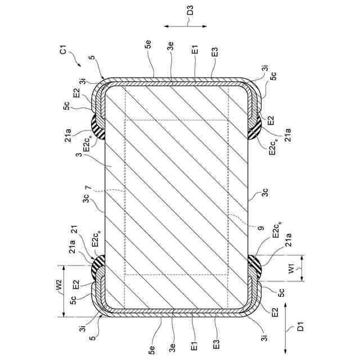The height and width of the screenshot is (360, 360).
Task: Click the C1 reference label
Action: coord(63,49)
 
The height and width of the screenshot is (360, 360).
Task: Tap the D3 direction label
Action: coord(190,10)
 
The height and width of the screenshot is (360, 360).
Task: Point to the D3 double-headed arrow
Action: coord(186,26)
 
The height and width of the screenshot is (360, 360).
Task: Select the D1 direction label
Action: coord(300,326)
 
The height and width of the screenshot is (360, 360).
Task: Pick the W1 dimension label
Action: coord(291,268)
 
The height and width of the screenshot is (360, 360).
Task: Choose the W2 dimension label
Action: coord(58,285)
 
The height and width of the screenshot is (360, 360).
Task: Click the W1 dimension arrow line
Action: coord(301,268)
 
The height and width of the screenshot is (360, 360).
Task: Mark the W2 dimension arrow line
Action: coord(64,291)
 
